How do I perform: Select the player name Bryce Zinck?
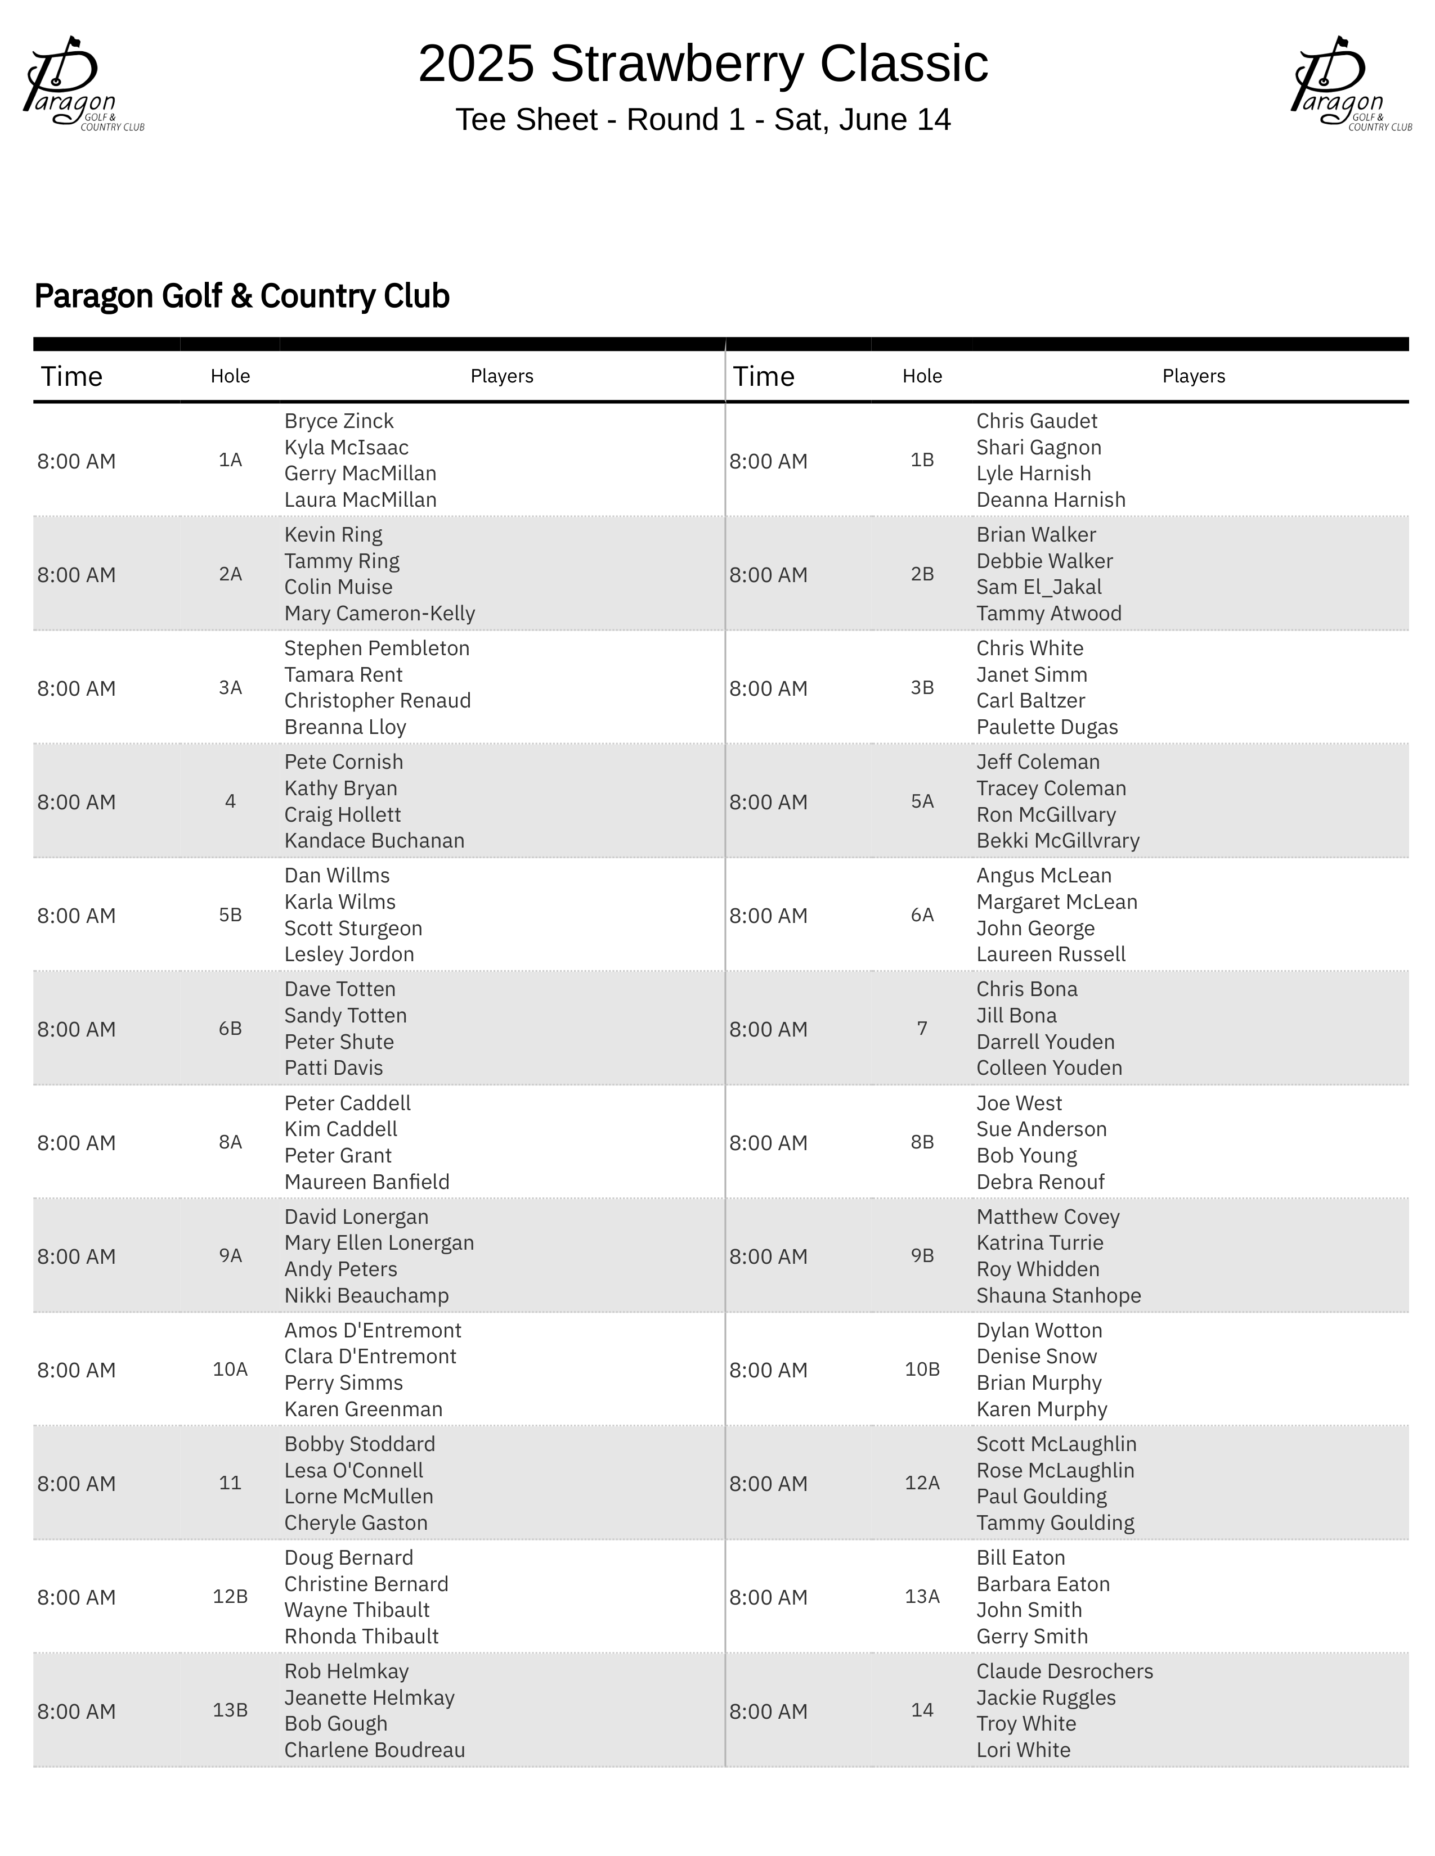[338, 421]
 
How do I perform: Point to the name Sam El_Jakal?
[1038, 587]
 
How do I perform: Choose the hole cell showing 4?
[230, 801]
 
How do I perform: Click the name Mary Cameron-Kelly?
[379, 614]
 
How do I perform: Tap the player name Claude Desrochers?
[1064, 1672]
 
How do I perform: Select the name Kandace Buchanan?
[374, 840]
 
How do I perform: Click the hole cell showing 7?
[922, 1028]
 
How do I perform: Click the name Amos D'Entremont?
[373, 1331]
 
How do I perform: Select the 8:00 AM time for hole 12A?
[768, 1484]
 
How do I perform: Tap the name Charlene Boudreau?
[374, 1750]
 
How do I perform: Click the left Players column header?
[501, 376]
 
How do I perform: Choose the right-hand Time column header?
[764, 376]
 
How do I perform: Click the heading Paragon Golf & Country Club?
[241, 296]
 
